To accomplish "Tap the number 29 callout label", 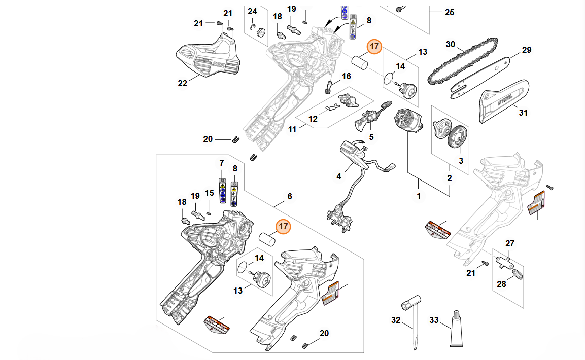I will click(x=526, y=50).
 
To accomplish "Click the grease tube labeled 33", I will click(x=458, y=329).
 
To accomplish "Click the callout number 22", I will click(x=183, y=83).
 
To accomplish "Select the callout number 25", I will click(x=449, y=12).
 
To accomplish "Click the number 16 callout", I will click(x=346, y=77).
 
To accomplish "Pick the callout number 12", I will click(x=313, y=119).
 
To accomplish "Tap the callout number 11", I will click(x=292, y=130).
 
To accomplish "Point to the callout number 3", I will click(x=461, y=161).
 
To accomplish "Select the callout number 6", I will click(x=290, y=196).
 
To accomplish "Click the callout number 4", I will click(x=339, y=176).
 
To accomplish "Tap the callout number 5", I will click(x=371, y=137).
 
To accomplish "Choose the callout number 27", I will click(x=510, y=244).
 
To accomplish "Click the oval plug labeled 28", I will click(x=516, y=274).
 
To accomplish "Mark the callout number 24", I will click(x=252, y=11).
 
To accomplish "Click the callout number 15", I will click(x=210, y=193).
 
